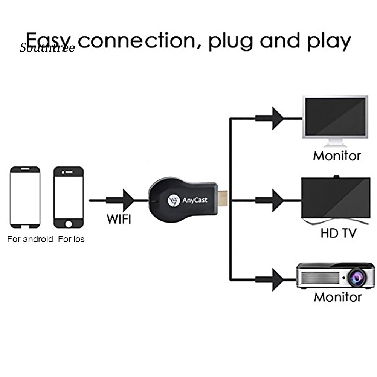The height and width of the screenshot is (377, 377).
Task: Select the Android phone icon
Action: [x=25, y=197]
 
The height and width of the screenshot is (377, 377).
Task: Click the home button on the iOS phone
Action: [x=69, y=224]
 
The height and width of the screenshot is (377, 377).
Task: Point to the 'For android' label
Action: [x=30, y=239]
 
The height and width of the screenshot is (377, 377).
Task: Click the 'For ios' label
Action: [x=71, y=239]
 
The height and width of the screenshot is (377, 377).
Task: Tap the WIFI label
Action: [x=119, y=219]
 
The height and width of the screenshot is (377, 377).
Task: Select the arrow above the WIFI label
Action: [x=126, y=200]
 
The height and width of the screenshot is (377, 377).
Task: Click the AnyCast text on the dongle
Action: [x=195, y=200]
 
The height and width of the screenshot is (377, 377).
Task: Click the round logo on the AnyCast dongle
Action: [x=174, y=200]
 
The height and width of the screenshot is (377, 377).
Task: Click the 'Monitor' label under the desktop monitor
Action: [x=337, y=156]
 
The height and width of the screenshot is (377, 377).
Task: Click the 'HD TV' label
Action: [x=338, y=233]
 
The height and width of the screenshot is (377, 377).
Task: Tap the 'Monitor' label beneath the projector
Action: [x=337, y=297]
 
